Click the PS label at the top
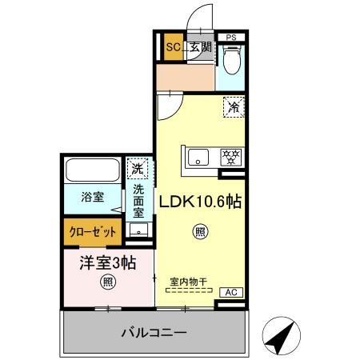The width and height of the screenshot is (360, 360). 231,37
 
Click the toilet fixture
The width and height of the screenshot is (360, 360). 232,58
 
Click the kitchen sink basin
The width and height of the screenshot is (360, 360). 197,156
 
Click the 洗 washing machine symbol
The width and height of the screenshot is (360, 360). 138,169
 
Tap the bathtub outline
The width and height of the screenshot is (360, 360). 91,170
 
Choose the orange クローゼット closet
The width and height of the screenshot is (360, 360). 93,232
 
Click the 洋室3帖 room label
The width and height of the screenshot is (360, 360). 106,262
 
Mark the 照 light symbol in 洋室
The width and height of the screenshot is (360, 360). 107,282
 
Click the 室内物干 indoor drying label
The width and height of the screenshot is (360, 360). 189,282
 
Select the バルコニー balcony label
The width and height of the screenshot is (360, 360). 154,332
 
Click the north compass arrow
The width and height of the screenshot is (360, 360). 280,334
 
